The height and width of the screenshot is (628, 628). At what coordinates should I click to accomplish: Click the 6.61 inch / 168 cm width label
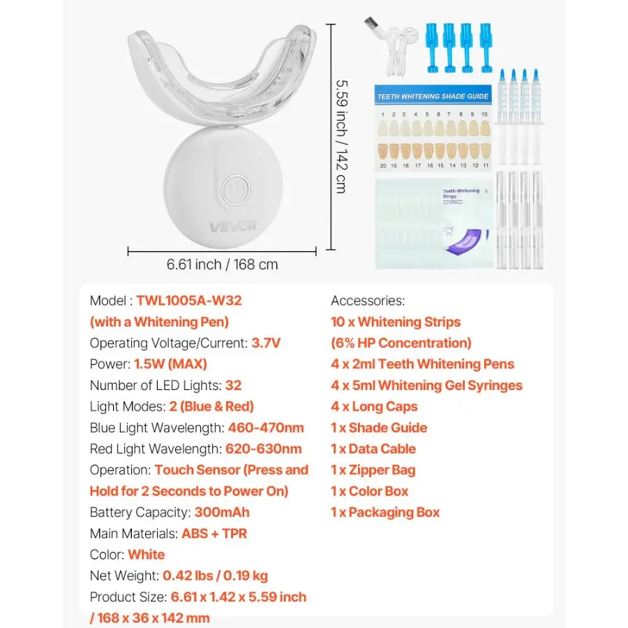(222, 264)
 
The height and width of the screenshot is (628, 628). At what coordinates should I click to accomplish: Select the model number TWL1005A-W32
(189, 301)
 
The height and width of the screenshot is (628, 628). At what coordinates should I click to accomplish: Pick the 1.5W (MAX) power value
(171, 364)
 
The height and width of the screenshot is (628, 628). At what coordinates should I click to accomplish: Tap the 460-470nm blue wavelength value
(266, 428)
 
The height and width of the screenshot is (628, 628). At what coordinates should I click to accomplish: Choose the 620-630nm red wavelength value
(264, 449)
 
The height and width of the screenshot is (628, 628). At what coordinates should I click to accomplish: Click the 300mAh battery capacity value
(222, 512)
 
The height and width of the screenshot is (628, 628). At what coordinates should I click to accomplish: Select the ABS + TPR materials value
(214, 534)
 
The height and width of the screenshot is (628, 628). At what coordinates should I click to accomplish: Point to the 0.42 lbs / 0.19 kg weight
(215, 576)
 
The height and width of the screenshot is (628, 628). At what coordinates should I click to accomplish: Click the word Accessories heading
(368, 301)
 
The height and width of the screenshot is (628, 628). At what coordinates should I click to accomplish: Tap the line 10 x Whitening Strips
(396, 322)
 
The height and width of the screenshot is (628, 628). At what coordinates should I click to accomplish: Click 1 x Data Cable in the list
(373, 449)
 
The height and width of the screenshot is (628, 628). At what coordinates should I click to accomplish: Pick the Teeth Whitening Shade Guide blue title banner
(432, 96)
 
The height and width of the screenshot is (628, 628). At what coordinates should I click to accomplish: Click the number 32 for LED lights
(234, 385)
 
